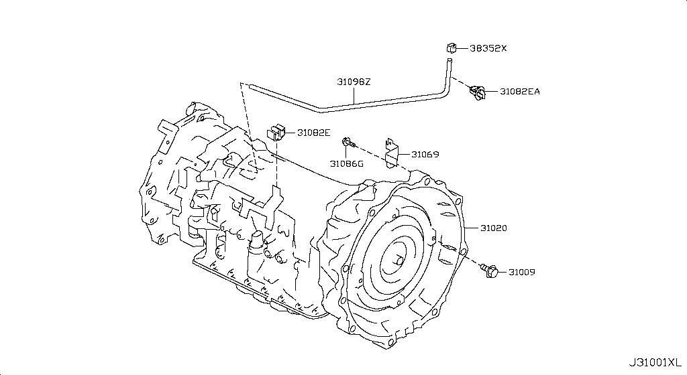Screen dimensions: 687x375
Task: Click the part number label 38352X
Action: [488, 48]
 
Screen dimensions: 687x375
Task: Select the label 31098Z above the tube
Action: [354, 82]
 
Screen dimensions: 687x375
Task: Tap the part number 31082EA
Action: [520, 92]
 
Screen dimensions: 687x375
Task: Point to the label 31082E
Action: [314, 133]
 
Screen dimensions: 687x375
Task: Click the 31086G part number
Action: [347, 164]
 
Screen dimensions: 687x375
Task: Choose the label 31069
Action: [425, 154]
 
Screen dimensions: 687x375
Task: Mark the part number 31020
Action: [494, 228]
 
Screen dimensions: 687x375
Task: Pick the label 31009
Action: [522, 273]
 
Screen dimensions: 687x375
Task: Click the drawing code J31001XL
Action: [655, 363]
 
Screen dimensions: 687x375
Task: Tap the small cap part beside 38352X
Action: [452, 48]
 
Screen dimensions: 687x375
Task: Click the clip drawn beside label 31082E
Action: [276, 132]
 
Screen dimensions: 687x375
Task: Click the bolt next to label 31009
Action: [490, 271]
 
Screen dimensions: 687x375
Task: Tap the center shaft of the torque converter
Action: [400, 261]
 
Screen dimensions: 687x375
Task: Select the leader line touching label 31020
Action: [472, 228]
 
